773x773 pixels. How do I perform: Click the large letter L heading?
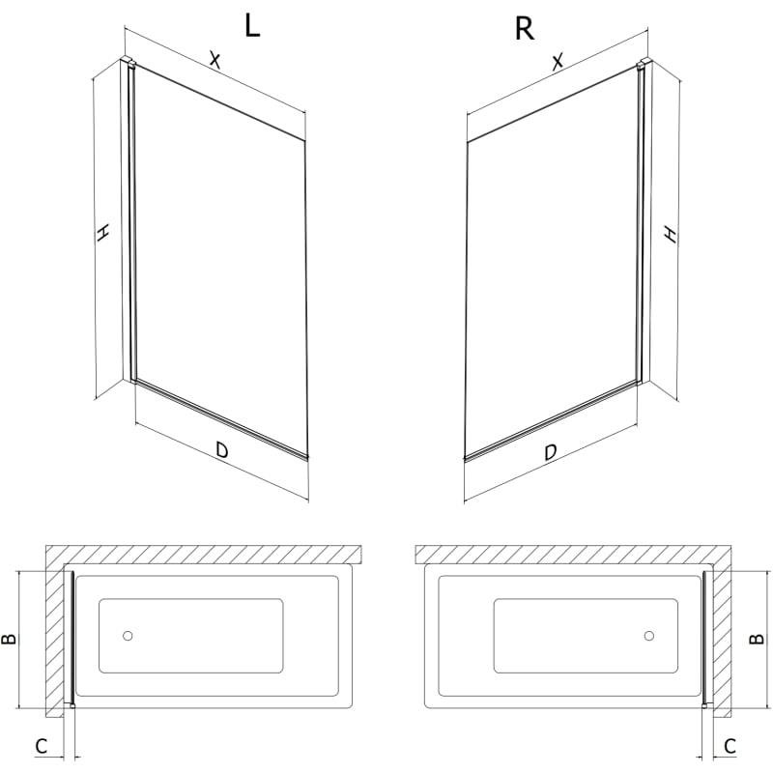click(x=252, y=26)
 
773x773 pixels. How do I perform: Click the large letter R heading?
click(x=524, y=29)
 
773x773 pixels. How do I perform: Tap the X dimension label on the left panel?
click(x=215, y=60)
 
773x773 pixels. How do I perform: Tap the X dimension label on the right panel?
click(x=558, y=62)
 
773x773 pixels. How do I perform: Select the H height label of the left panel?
click(x=103, y=233)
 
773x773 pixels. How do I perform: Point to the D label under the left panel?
click(x=222, y=449)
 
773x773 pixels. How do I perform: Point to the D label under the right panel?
click(x=550, y=452)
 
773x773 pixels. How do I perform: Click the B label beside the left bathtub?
click(x=10, y=639)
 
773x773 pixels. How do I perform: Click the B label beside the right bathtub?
click(x=757, y=639)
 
